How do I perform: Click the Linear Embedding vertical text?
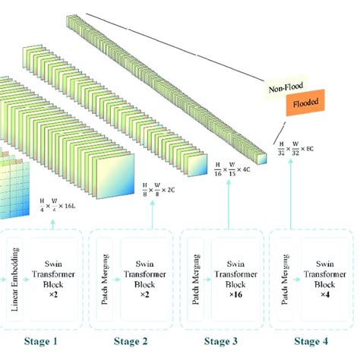click(x=16, y=271)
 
